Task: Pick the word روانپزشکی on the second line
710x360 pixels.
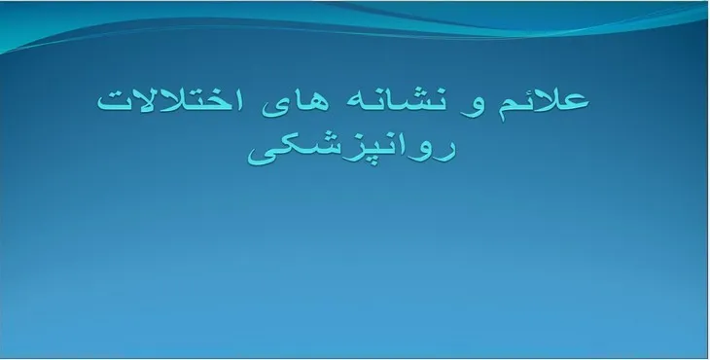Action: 352,151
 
